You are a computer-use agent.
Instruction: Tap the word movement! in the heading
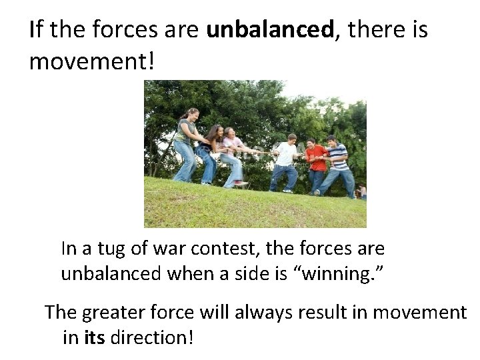[92, 62]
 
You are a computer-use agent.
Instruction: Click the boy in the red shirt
[315, 163]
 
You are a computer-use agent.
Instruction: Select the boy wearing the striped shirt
[337, 163]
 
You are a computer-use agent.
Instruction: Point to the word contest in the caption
[225, 249]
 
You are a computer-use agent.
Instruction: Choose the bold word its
[95, 337]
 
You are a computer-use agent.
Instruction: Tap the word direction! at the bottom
[152, 337]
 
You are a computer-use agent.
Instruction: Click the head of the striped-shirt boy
[332, 141]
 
